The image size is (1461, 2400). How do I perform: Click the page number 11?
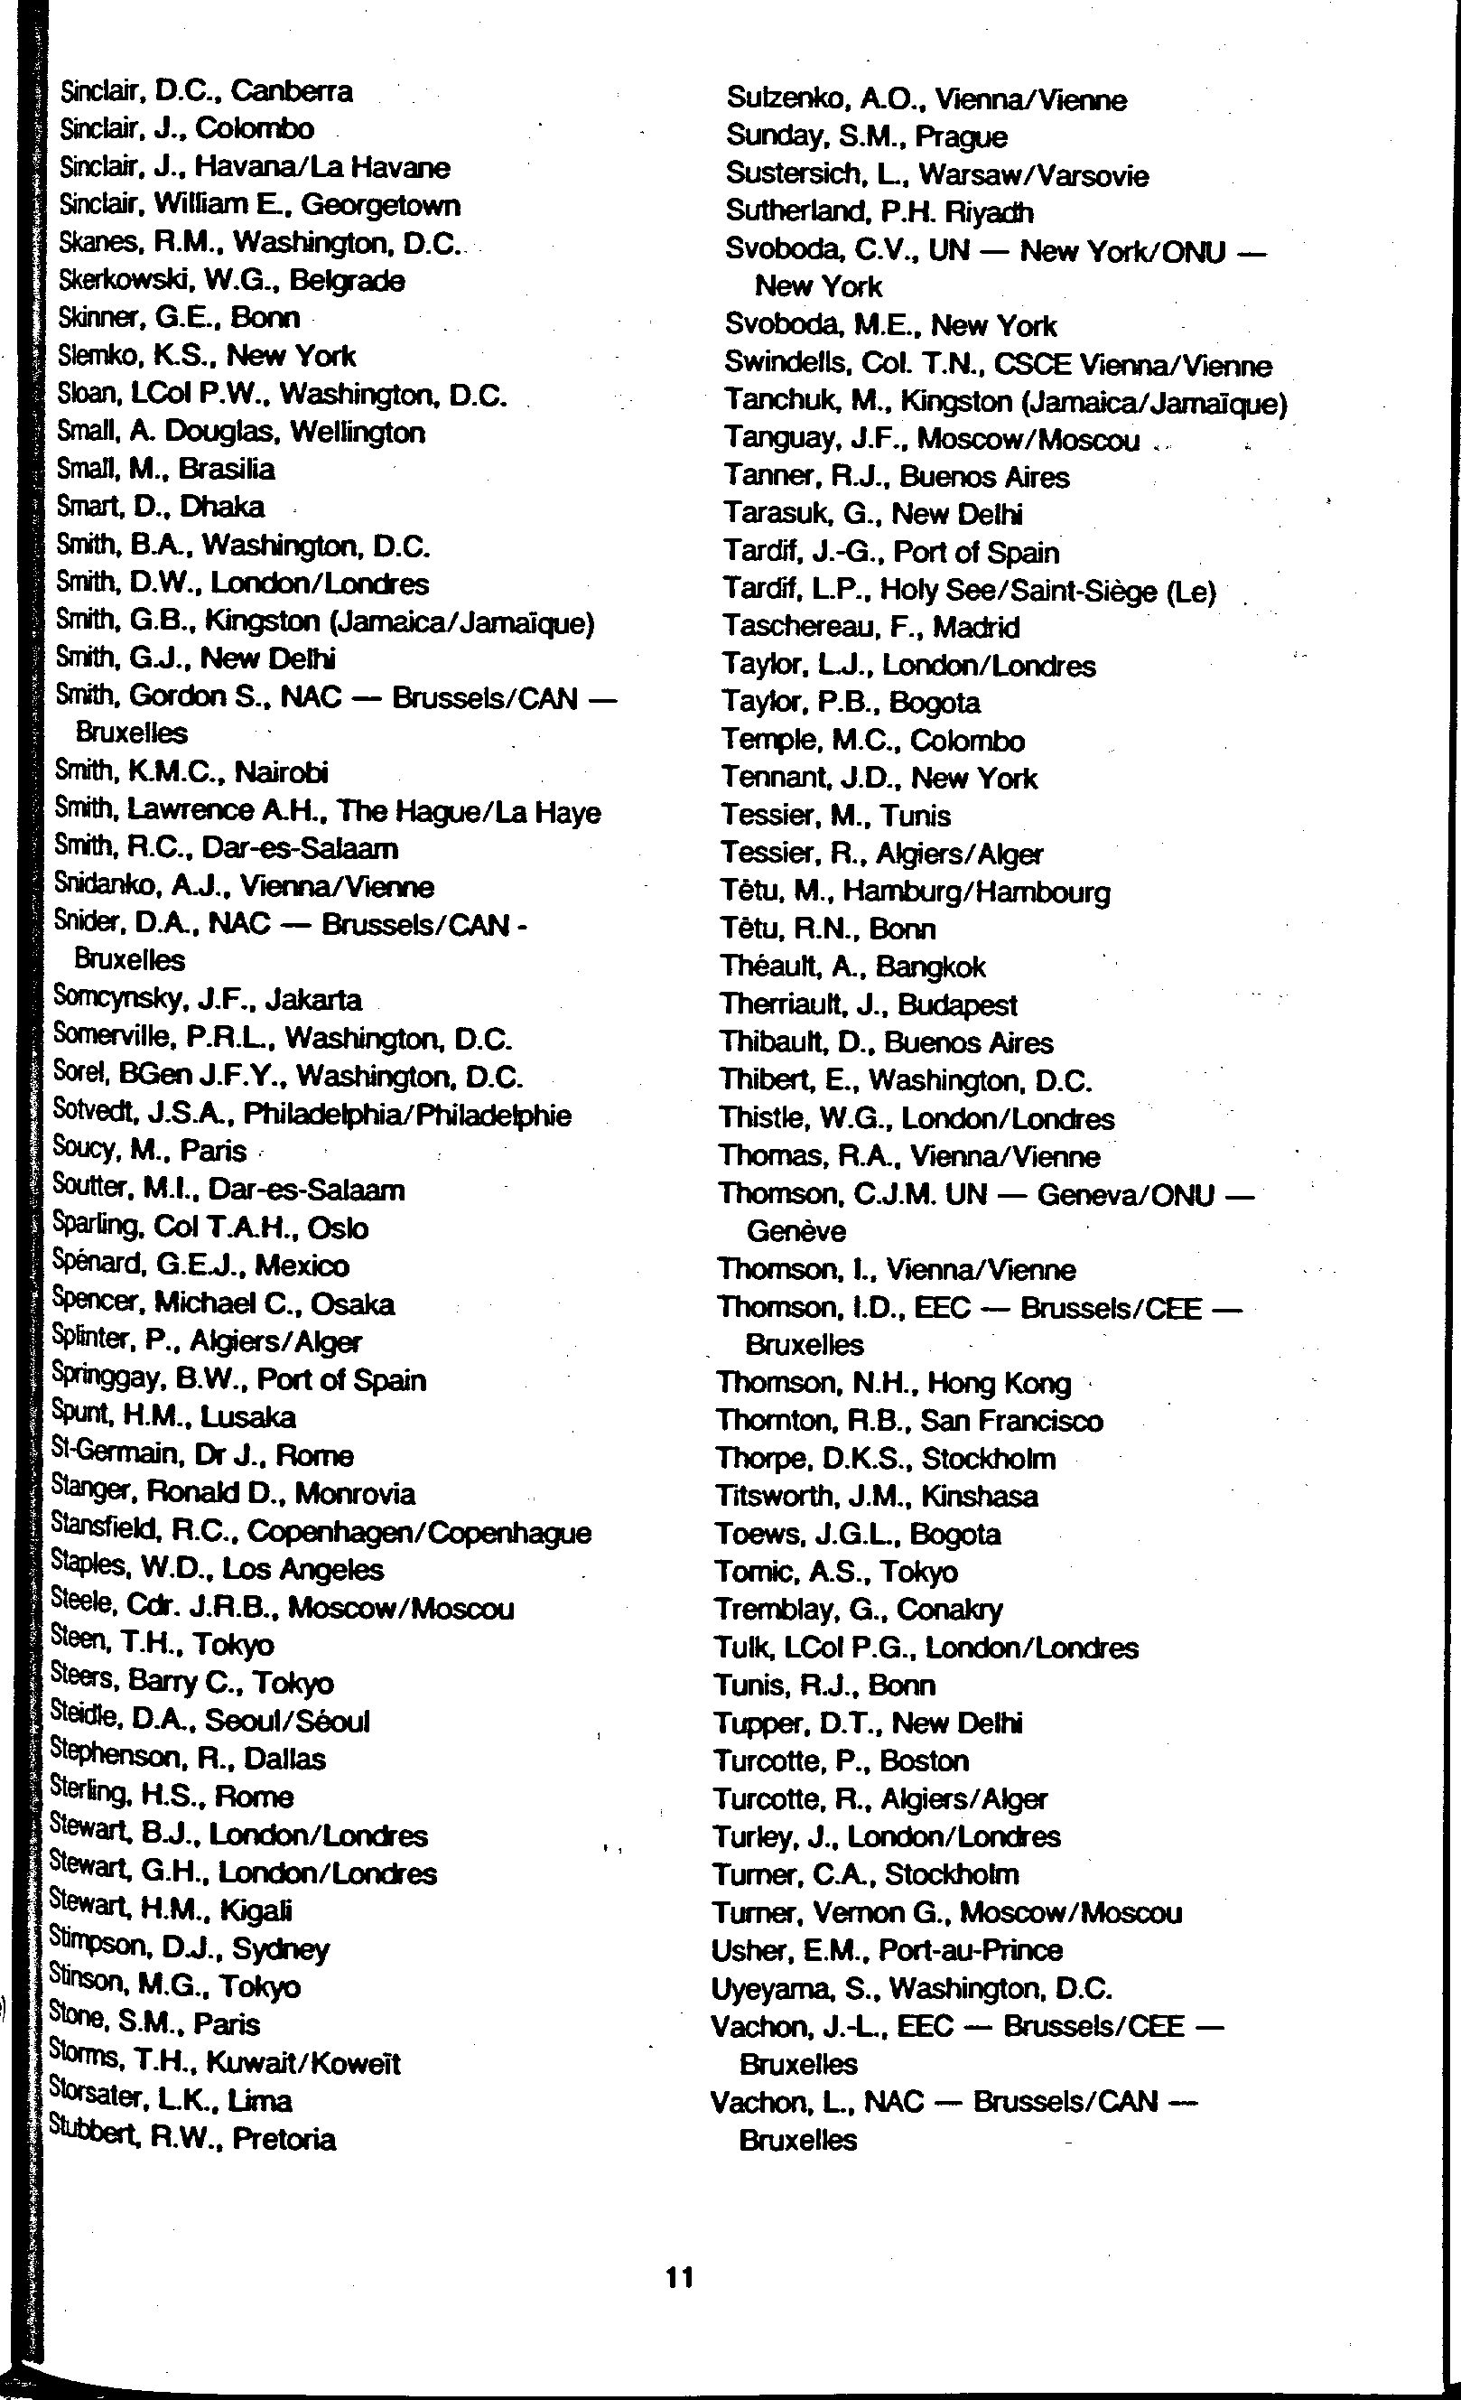679,2277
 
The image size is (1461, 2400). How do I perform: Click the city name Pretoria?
284,2139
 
